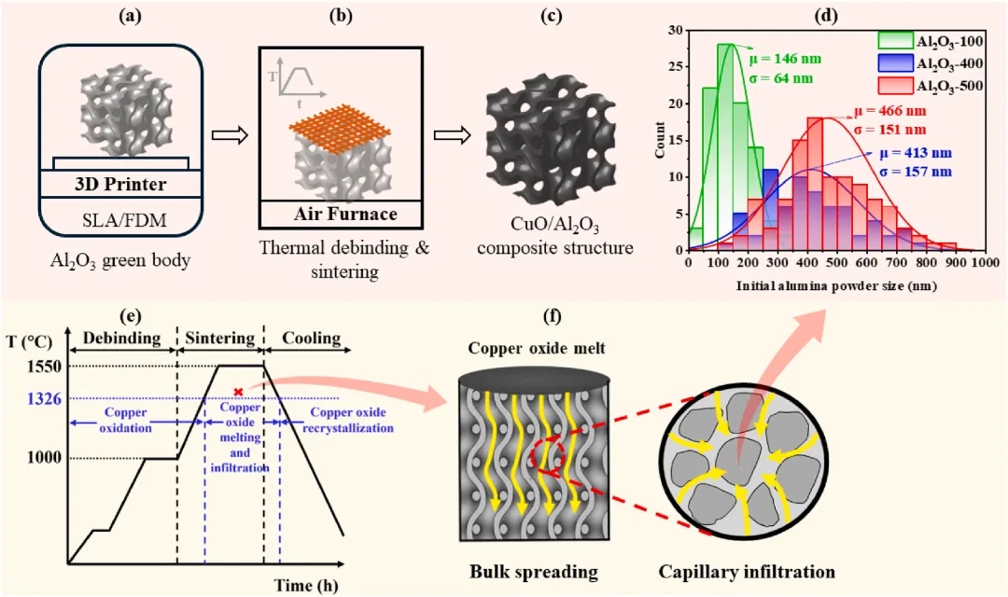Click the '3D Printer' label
(x=120, y=184)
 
